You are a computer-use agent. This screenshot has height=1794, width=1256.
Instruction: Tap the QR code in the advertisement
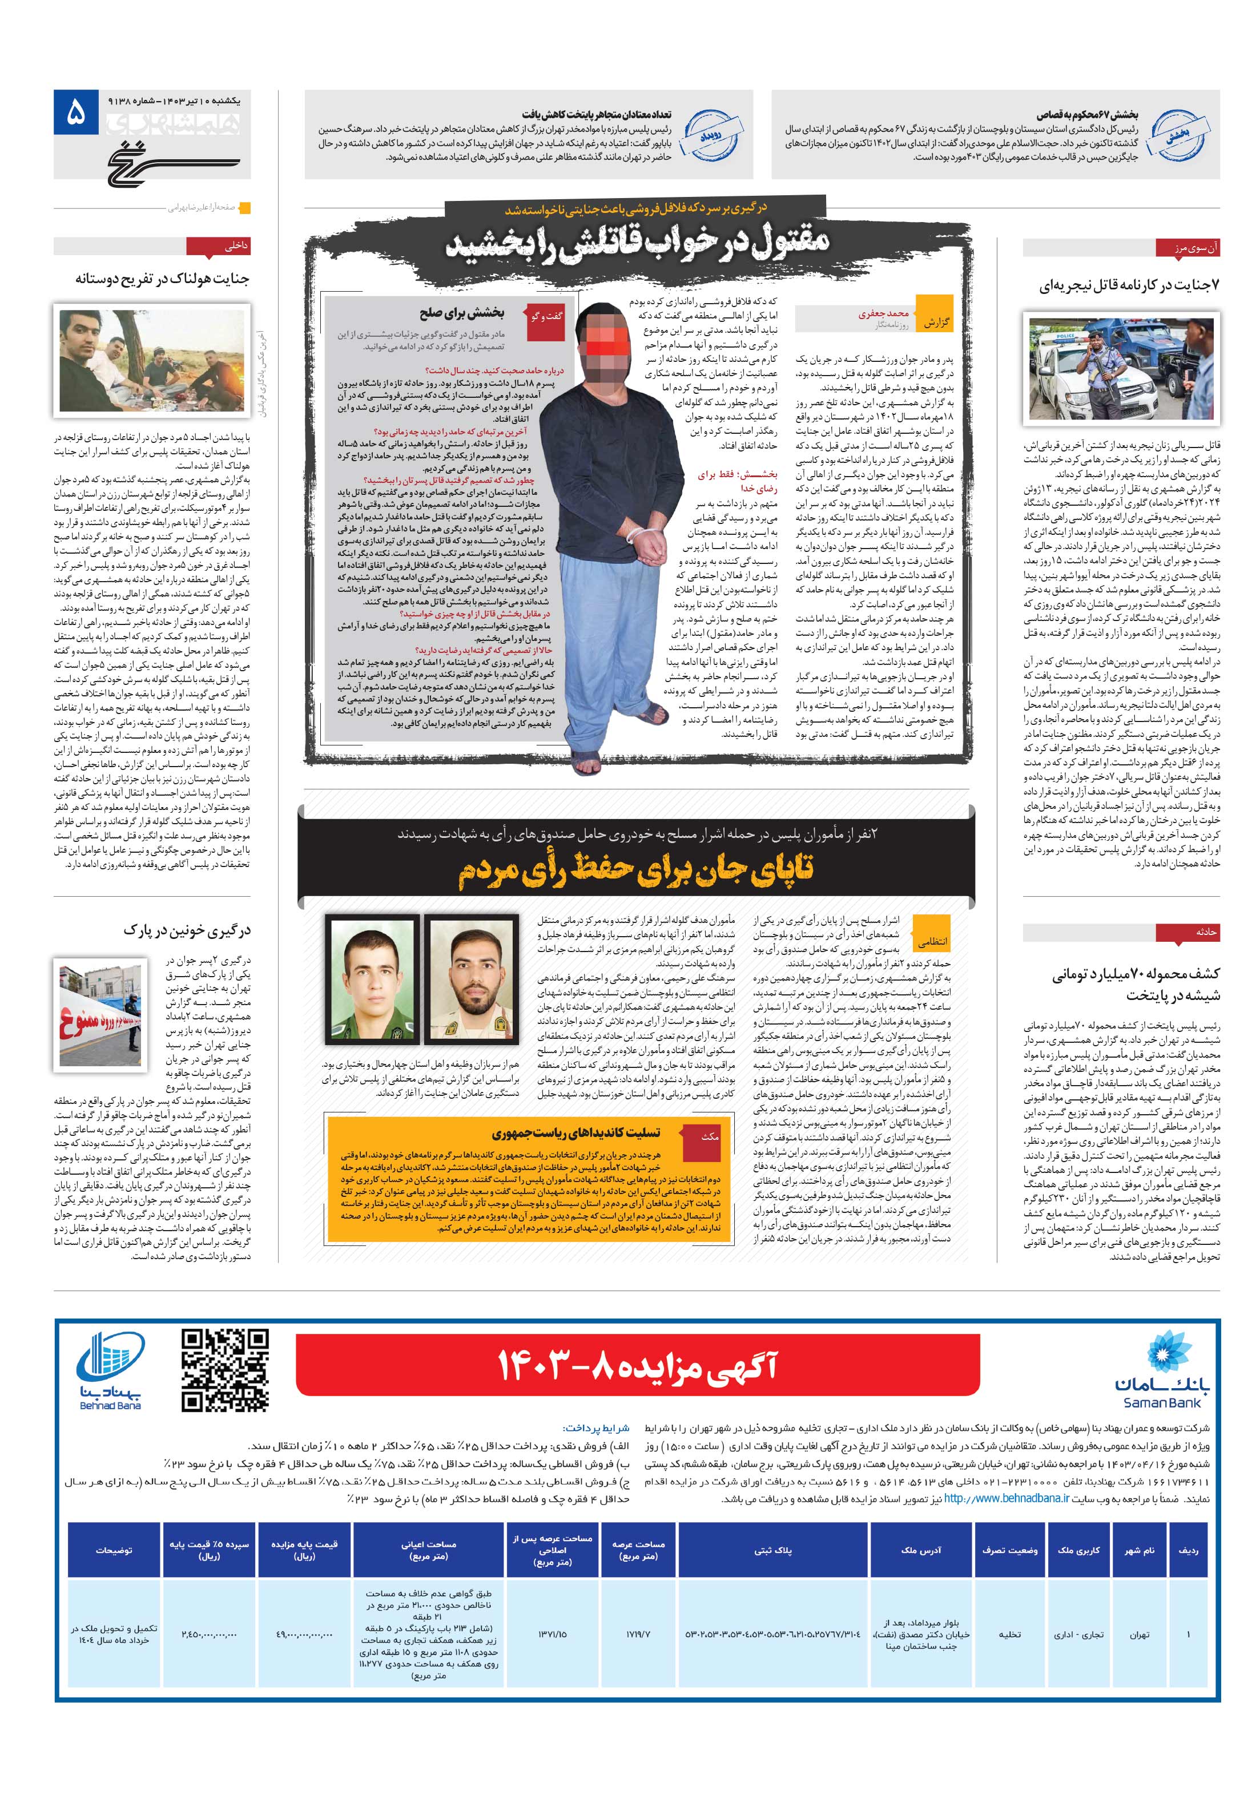(x=225, y=1370)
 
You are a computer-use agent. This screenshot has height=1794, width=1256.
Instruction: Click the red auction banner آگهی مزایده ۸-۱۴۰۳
(x=637, y=1365)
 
